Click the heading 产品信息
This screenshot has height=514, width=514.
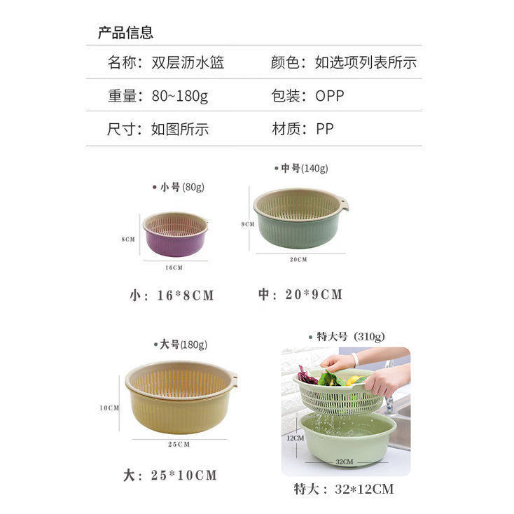click(x=125, y=33)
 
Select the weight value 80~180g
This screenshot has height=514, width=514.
click(x=180, y=96)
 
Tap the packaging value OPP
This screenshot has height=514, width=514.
click(x=329, y=96)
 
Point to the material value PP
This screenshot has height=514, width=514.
click(x=324, y=129)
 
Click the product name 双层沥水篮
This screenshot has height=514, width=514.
click(x=188, y=62)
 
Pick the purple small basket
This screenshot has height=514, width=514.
click(x=175, y=234)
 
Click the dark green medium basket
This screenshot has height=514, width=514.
click(x=300, y=218)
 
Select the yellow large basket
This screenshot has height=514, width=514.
click(x=181, y=397)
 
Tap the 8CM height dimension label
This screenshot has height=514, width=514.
click(x=128, y=239)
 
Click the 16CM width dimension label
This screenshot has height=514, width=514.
click(x=174, y=268)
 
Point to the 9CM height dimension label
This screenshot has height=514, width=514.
click(x=248, y=224)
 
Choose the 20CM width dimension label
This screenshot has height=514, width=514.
click(x=298, y=259)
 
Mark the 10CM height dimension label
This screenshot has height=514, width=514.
click(x=109, y=408)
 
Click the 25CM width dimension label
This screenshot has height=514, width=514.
click(x=179, y=444)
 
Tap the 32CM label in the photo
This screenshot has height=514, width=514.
click(x=345, y=462)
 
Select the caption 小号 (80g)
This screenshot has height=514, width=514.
click(x=179, y=187)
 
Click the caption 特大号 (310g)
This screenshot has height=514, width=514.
click(x=347, y=337)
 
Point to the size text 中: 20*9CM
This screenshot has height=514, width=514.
click(x=300, y=294)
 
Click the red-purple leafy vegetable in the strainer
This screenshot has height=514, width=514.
click(x=307, y=375)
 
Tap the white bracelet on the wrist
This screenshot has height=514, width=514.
click(x=354, y=359)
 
